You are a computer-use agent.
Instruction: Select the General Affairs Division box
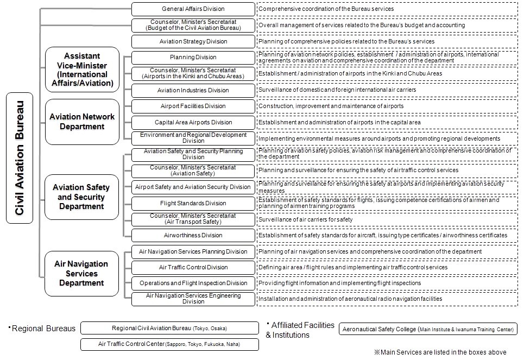coord(193,9)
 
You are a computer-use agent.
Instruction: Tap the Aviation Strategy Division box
coord(193,41)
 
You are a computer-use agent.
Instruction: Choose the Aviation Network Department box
coord(82,122)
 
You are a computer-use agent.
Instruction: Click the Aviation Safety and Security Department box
coord(81,197)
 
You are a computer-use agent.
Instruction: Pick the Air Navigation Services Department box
coord(81,273)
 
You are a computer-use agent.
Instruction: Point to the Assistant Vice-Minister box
coord(82,70)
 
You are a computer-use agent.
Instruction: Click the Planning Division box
coord(193,57)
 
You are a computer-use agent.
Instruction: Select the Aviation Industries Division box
coord(193,90)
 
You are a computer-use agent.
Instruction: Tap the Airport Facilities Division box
coord(193,106)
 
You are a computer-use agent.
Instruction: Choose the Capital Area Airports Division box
coord(193,122)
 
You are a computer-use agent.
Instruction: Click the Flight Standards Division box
coord(193,203)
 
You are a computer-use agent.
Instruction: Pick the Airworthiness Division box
coord(193,235)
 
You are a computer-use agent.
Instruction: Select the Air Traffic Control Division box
coord(193,267)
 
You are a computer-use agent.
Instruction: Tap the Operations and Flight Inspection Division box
coord(193,283)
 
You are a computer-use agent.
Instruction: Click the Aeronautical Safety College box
coord(428,329)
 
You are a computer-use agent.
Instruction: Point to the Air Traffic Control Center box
coord(169,344)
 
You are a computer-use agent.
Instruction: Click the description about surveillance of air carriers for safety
coord(305,219)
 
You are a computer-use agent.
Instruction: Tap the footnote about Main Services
coord(440,352)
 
